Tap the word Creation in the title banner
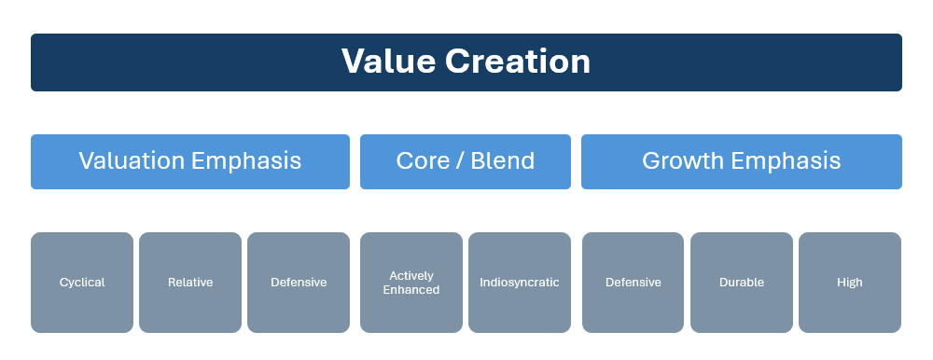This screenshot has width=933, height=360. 518,62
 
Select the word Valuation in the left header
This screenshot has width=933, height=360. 132,160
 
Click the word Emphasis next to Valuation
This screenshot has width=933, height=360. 246,161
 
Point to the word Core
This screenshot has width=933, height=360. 423,160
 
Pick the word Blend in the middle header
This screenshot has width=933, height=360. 504,160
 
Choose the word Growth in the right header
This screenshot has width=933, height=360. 683,160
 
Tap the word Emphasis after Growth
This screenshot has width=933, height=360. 786,161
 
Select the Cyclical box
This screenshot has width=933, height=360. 82,283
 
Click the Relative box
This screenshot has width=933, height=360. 190,283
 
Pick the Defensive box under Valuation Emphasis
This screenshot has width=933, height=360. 299,283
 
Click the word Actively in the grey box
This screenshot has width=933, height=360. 411,275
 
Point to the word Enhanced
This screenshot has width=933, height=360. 411,290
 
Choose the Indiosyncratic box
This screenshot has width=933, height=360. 520,283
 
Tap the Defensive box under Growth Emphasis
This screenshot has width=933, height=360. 634,283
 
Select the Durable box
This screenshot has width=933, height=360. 742,283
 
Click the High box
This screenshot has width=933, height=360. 850,283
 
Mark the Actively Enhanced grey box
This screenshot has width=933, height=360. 411,283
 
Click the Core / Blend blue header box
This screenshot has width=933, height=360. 466,162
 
